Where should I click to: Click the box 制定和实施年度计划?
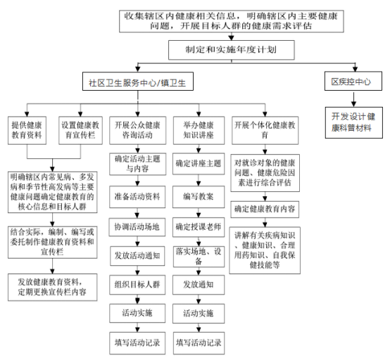coord(232,50)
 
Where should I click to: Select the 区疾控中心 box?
coord(353,82)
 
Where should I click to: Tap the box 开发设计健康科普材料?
coord(353,122)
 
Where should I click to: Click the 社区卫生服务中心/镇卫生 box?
coord(138,82)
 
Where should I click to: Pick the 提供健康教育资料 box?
coord(27,131)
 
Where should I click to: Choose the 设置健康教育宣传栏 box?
coord(80,131)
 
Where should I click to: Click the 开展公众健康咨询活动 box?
coord(137,131)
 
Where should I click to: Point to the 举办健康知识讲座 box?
coord(199,131)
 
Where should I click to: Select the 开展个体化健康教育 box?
coord(265,131)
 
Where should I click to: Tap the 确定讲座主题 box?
coord(199,164)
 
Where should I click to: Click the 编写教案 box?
coord(199,197)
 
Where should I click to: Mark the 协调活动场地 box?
coord(137,227)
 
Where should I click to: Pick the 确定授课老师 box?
coord(199,227)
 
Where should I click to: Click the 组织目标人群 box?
coord(137,285)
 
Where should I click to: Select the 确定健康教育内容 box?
coord(265,210)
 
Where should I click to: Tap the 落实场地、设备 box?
coord(199,257)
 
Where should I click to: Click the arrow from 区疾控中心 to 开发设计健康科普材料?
coord(353,99)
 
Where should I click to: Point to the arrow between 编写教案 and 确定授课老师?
coord(199,213)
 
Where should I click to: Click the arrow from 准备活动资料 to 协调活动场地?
coord(137,213)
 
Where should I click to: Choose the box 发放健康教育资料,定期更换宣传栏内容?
coord(53,288)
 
